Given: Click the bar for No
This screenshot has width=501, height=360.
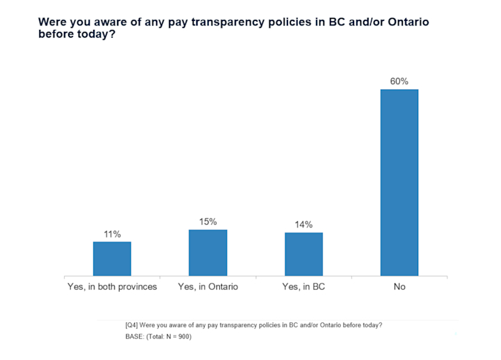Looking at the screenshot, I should click(399, 182).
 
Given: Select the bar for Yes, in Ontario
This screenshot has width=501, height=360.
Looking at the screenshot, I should click(207, 253).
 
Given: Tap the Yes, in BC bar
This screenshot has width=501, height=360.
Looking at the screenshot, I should click(303, 254).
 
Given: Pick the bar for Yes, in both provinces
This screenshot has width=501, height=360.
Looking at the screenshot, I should click(112, 258).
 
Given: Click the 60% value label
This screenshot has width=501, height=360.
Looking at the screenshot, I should click(399, 81).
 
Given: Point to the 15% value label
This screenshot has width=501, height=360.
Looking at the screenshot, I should click(207, 221).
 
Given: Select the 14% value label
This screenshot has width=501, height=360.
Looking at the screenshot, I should click(303, 224).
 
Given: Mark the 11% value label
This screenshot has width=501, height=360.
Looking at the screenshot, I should click(112, 234).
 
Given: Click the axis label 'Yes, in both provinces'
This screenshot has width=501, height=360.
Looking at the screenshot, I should click(112, 286).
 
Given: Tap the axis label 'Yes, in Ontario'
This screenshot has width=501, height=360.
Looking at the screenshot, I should click(208, 286).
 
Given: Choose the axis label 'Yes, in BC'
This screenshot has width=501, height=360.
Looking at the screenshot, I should click(303, 286).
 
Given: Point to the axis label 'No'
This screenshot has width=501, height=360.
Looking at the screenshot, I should click(399, 286).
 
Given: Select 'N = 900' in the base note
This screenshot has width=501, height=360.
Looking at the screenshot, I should click(175, 337).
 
